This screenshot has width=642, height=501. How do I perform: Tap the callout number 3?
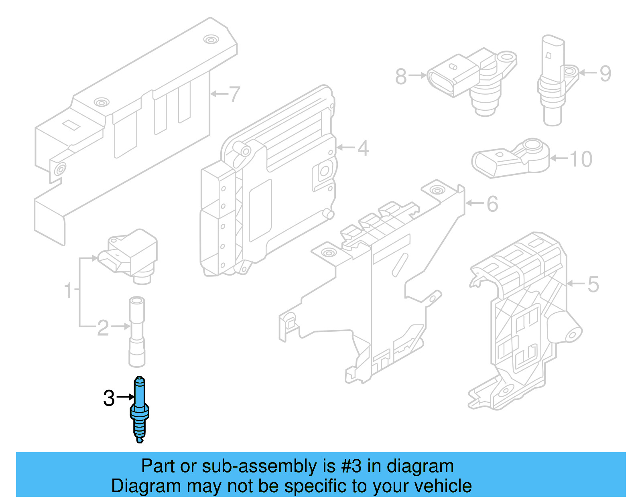(x=109, y=398)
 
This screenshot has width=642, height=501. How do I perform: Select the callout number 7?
(x=234, y=95)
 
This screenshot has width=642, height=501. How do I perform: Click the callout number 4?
(x=363, y=148)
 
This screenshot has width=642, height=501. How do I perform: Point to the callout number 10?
(x=581, y=159)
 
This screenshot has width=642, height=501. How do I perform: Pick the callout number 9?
(x=605, y=74)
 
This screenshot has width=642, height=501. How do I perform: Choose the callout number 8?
(x=401, y=77)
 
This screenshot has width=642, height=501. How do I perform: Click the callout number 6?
(x=492, y=204)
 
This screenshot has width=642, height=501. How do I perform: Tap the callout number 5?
(x=593, y=284)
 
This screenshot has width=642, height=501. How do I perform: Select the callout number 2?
(x=103, y=328)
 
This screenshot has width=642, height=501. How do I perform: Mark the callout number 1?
(x=69, y=290)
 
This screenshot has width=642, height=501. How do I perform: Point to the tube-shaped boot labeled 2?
(x=136, y=332)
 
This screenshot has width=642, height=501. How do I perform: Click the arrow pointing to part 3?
(x=126, y=397)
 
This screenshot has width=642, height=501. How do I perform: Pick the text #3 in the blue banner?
(x=351, y=467)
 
